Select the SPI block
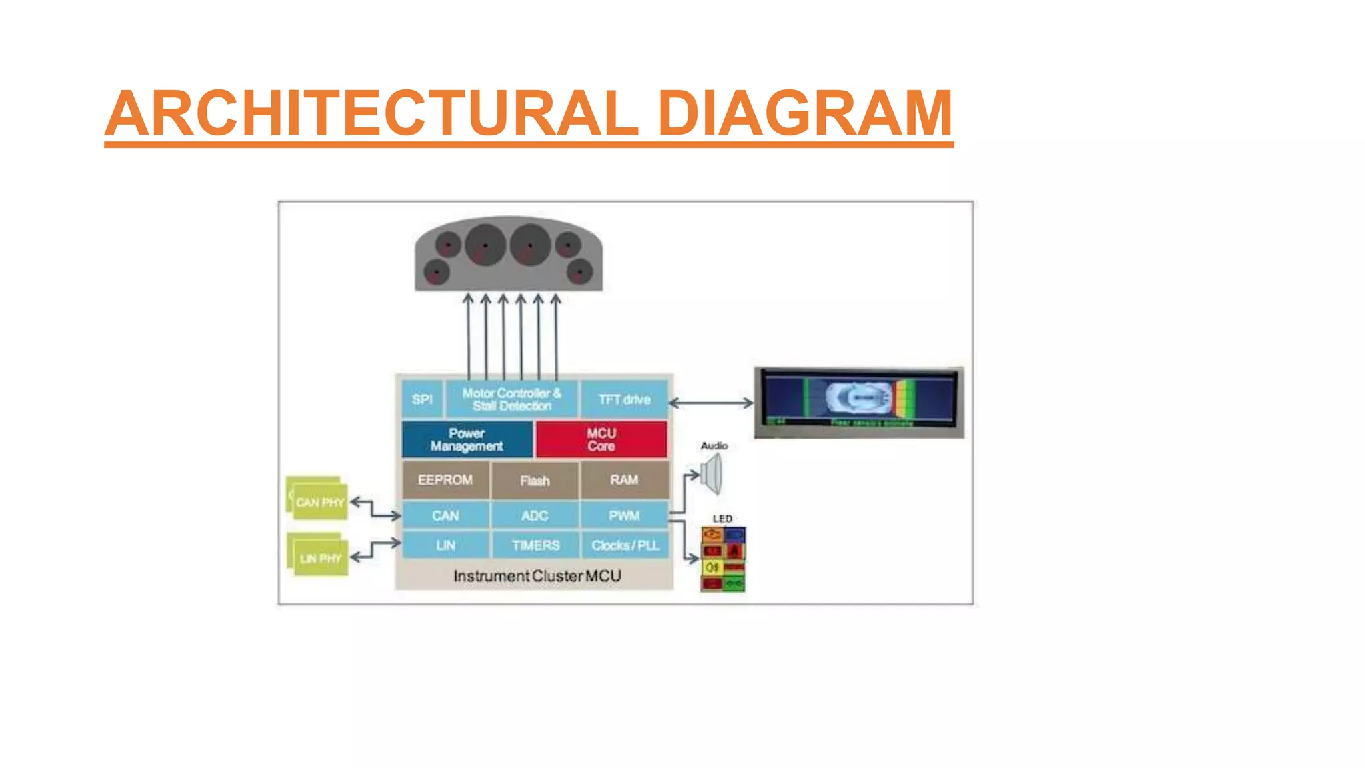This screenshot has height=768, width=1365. [x=422, y=399]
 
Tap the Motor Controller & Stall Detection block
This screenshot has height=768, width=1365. [x=511, y=399]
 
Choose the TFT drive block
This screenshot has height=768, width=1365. [x=624, y=399]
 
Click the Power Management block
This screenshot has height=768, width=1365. [x=467, y=439]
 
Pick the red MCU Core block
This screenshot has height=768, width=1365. [x=601, y=439]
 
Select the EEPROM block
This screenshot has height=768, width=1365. [x=445, y=480]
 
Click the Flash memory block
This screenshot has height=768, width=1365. [x=535, y=480]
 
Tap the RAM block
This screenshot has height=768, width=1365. [x=624, y=480]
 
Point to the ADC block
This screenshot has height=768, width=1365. [x=535, y=515]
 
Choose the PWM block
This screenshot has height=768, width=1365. [x=624, y=515]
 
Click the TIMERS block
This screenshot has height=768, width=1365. [x=535, y=545]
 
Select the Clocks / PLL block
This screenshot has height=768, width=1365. [x=625, y=545]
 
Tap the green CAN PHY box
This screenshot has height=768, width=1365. [x=319, y=501]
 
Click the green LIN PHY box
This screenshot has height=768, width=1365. [x=319, y=557]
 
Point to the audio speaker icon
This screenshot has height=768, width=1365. [x=712, y=475]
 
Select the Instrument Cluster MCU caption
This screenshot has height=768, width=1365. [x=537, y=576]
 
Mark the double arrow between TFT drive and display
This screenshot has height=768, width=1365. [x=710, y=403]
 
